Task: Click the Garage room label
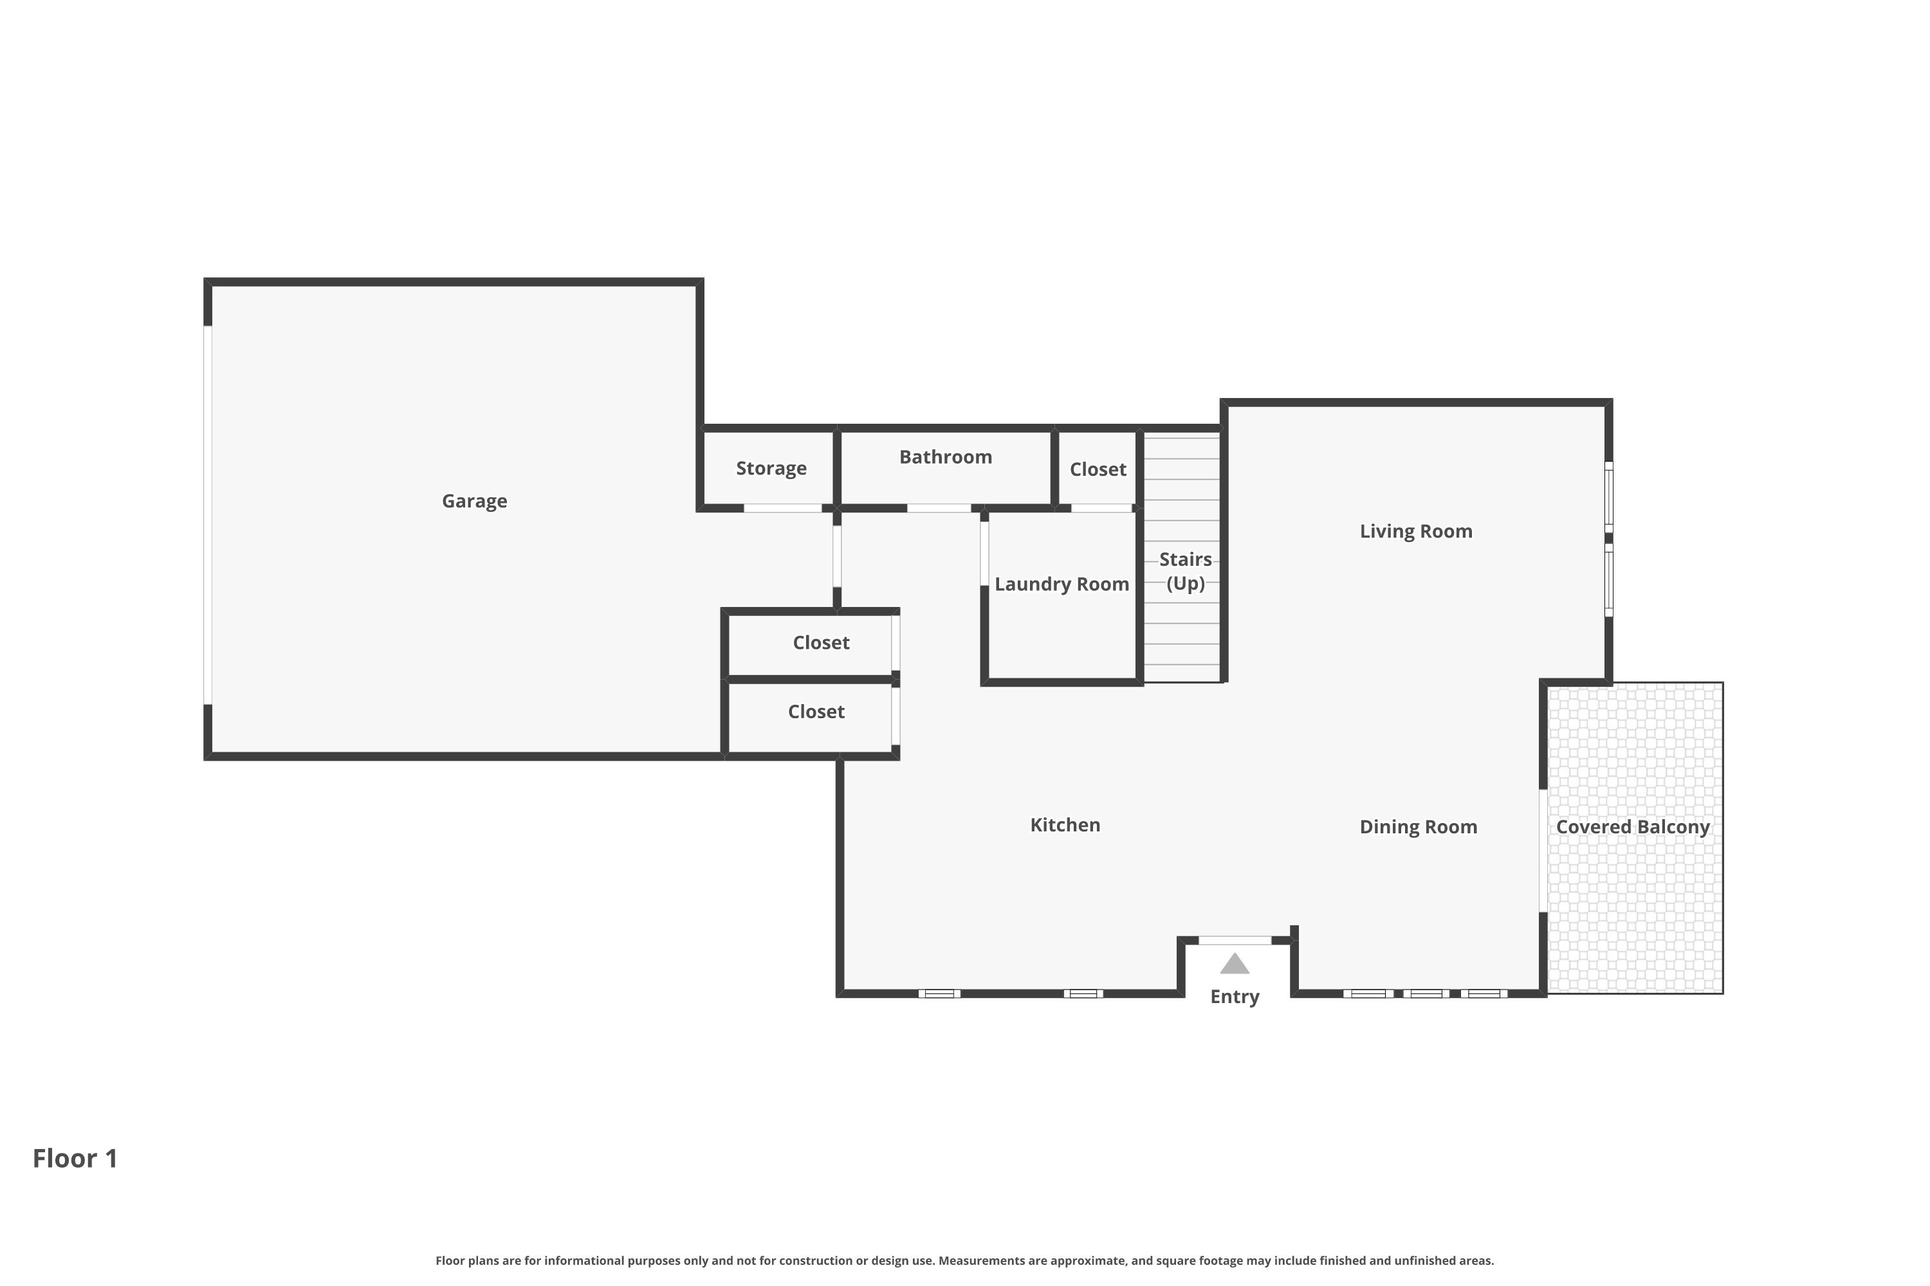pos(474,501)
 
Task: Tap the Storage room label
pos(771,468)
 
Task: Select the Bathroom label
pos(945,457)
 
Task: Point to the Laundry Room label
pos(1062,584)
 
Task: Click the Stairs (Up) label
pos(1186,572)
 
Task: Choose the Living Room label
pos(1417,532)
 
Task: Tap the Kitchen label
pos(1065,825)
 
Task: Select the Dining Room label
pos(1419,827)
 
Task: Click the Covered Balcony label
pos(1633,827)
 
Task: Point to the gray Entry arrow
pos(1235,964)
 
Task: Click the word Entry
pos(1235,997)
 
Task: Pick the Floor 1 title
pos(75,1158)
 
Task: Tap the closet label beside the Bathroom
pos(1098,469)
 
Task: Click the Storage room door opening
pos(783,509)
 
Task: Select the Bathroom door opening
pos(939,509)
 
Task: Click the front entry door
pos(1235,941)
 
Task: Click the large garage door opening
pos(208,515)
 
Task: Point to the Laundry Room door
pos(985,554)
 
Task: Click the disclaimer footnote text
pos(965,1260)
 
